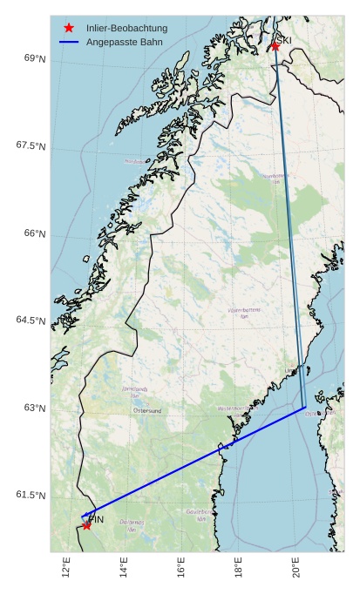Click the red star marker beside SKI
[x=275, y=46]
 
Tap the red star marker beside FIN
[x=86, y=525]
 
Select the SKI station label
[x=284, y=40]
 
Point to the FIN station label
[x=96, y=520]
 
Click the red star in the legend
[x=69, y=28]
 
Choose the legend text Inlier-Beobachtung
[x=126, y=28]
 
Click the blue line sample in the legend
[x=69, y=42]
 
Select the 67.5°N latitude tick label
[x=31, y=145]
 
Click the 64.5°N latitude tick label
[x=31, y=321]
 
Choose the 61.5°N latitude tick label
[x=31, y=495]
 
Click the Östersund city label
[x=147, y=410]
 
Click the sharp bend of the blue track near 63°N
[x=305, y=407]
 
